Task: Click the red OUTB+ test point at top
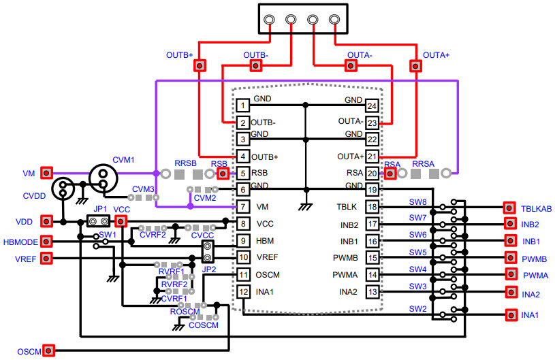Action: pyautogui.click(x=200, y=65)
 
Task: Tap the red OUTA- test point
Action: pyautogui.click(x=351, y=65)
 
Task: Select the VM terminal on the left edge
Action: pyautogui.click(x=46, y=173)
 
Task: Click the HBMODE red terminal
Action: pyautogui.click(x=46, y=240)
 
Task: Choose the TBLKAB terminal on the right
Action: pyautogui.click(x=509, y=208)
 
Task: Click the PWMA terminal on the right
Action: pyautogui.click(x=509, y=274)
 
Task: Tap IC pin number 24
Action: pyautogui.click(x=372, y=106)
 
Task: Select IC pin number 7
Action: pyautogui.click(x=243, y=206)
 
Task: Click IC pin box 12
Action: pyautogui.click(x=243, y=291)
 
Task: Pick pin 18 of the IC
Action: pyautogui.click(x=372, y=207)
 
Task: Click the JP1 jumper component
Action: pyautogui.click(x=99, y=221)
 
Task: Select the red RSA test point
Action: pyautogui.click(x=391, y=173)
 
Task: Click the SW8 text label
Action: pyautogui.click(x=418, y=202)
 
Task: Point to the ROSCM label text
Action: pyautogui.click(x=185, y=312)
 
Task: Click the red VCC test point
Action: pyautogui.click(x=121, y=221)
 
